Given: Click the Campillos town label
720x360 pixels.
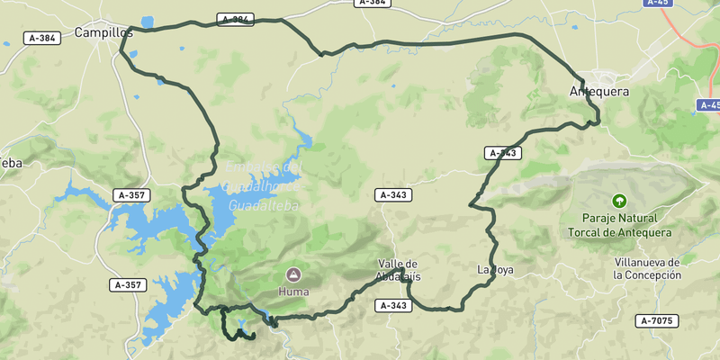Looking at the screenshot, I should pyautogui.click(x=103, y=32).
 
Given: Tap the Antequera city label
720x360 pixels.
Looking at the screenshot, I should pyautogui.click(x=599, y=92).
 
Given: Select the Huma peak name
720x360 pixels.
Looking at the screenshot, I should pyautogui.click(x=293, y=292).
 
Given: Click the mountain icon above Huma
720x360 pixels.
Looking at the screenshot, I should pyautogui.click(x=293, y=274).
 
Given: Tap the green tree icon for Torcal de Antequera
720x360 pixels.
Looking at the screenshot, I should pyautogui.click(x=618, y=201).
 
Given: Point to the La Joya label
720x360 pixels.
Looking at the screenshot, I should pyautogui.click(x=495, y=269).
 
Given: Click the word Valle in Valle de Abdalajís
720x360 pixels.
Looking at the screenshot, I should pyautogui.click(x=391, y=264).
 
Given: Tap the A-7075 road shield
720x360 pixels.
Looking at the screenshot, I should pyautogui.click(x=657, y=320).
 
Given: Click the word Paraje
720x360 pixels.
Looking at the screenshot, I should pyautogui.click(x=601, y=219).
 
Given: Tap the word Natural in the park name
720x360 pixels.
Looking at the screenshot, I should pyautogui.click(x=641, y=219).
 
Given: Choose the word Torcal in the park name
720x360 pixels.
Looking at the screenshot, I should pyautogui.click(x=586, y=232).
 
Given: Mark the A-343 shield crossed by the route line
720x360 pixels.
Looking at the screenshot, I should pyautogui.click(x=503, y=153).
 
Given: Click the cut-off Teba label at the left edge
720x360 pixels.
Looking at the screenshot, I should pyautogui.click(x=10, y=163).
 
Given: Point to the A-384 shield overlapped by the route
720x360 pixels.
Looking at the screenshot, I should pyautogui.click(x=236, y=19).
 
